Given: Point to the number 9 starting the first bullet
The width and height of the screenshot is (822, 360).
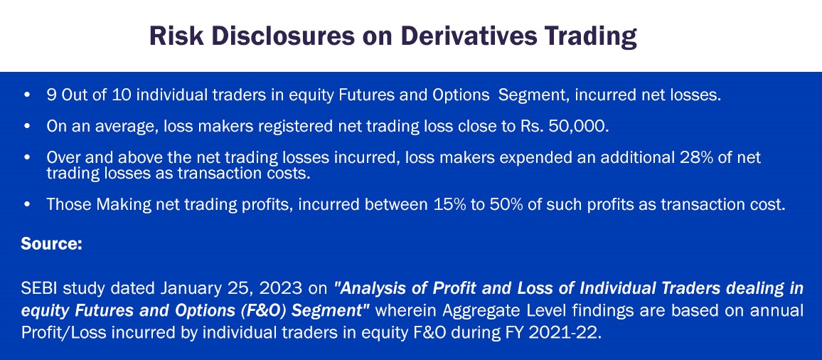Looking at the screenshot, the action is [50, 96].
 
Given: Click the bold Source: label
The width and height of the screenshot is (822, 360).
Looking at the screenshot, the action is [51, 244].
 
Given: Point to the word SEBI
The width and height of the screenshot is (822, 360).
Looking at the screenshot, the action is [39, 288].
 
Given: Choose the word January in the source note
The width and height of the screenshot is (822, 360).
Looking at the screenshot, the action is [186, 289].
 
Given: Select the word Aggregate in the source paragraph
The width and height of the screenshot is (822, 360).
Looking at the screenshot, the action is [474, 311].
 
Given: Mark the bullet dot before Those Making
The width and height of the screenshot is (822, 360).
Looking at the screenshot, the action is [27, 205].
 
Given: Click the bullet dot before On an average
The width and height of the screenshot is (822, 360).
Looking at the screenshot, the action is [27, 127].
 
